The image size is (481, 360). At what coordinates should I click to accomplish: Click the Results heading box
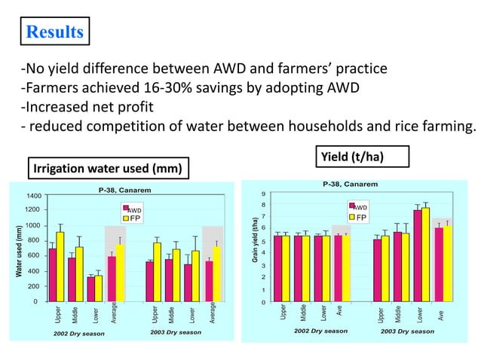54,32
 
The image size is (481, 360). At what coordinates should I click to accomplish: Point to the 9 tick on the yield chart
263,194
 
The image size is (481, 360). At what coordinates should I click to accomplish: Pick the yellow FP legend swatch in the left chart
126,218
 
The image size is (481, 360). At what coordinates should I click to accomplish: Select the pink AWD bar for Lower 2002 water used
91,289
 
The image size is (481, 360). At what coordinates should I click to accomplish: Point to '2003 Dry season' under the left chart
175,332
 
